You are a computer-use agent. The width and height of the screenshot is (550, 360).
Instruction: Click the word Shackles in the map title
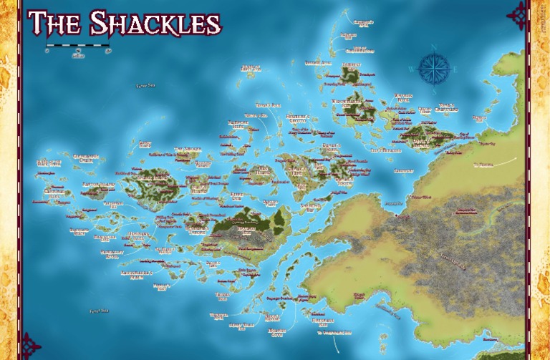[154, 24]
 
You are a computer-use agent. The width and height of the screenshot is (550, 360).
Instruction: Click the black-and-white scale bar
[78, 47]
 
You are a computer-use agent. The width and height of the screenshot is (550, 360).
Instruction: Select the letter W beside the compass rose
[410, 69]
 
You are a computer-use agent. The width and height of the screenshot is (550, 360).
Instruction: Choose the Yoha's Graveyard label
[448, 107]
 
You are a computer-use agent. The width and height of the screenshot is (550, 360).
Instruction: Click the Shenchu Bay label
[312, 205]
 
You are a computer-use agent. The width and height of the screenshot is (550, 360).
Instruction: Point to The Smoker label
[188, 150]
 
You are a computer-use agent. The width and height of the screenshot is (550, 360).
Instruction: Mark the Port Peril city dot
[395, 215]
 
